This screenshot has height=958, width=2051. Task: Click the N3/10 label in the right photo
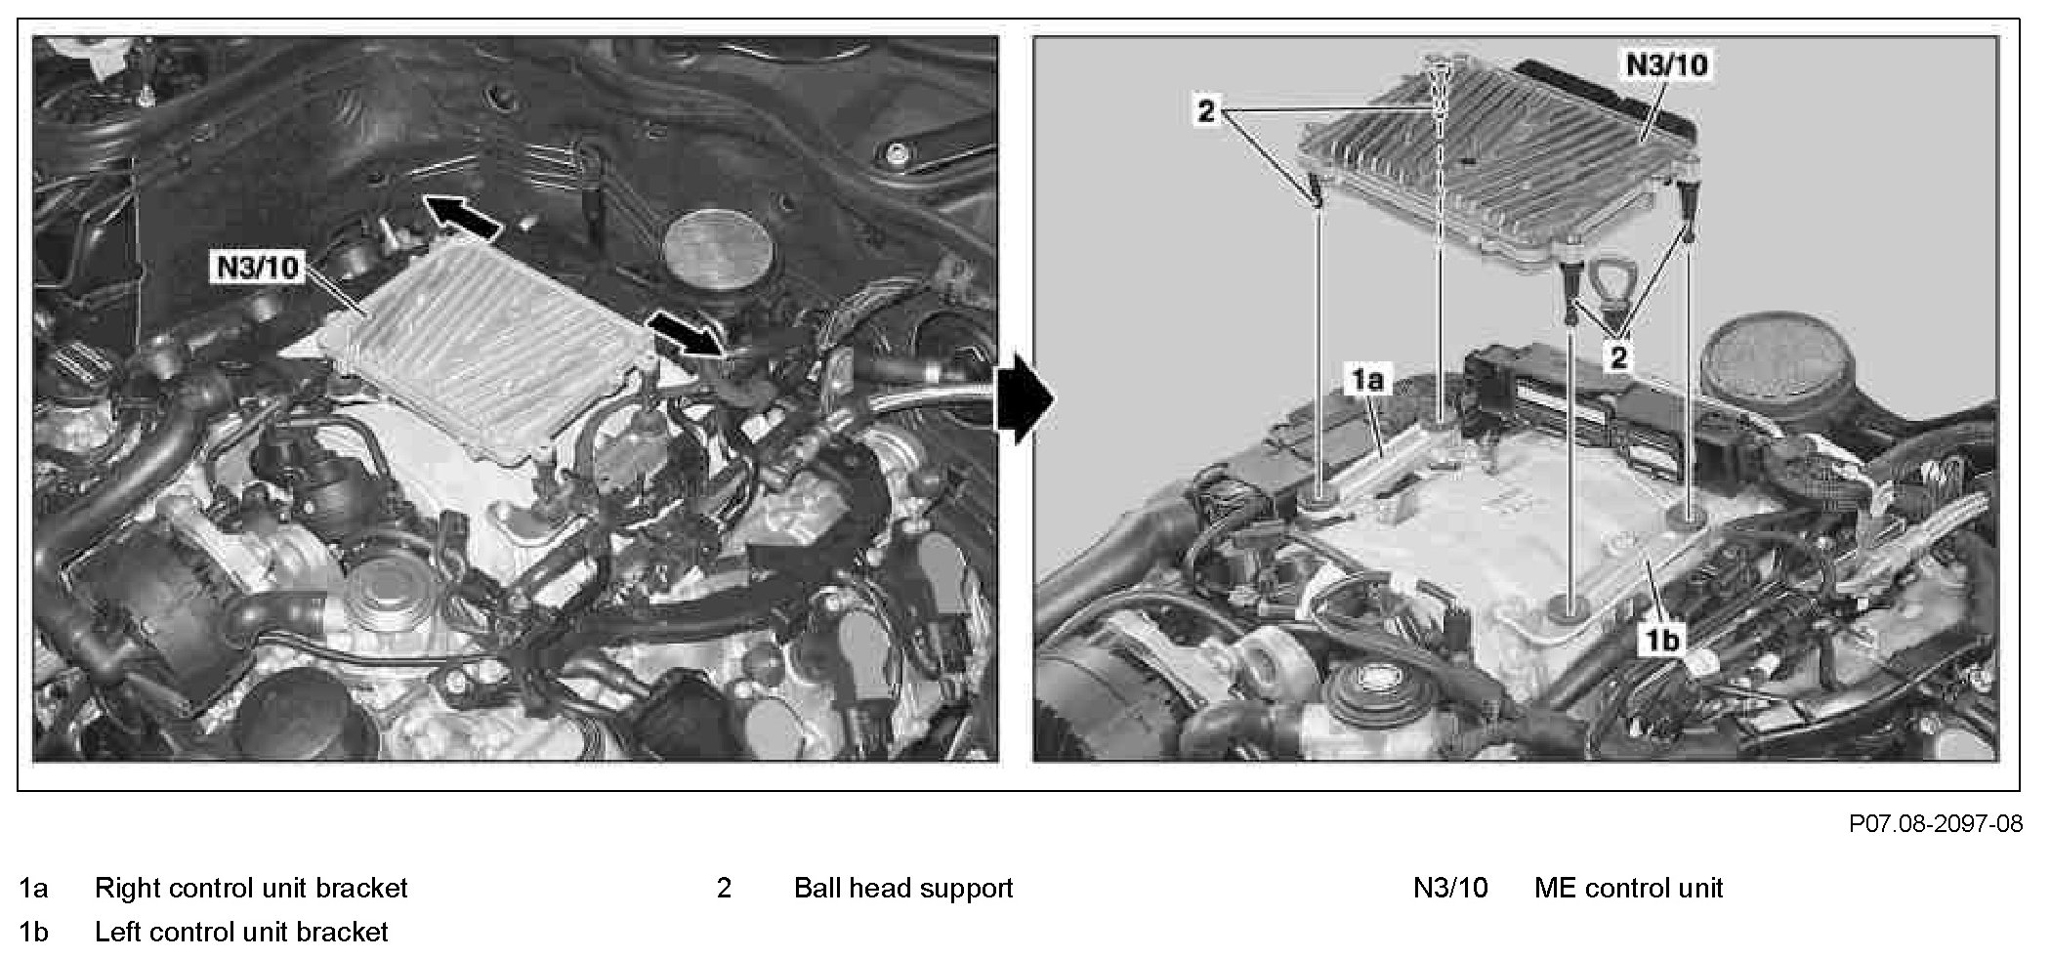1666,64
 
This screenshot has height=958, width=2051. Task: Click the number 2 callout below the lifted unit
1619,357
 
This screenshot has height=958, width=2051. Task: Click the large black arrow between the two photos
1025,400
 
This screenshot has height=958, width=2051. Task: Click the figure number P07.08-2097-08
1935,824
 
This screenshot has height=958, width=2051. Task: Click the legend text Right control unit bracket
251,889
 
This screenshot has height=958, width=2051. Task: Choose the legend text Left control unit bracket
241,933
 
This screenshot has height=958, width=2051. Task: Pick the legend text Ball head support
903,889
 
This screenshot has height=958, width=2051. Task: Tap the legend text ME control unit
1628,889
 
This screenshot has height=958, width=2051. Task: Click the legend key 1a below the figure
33,889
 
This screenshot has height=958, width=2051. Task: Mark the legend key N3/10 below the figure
1450,889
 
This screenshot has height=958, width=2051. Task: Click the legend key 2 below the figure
724,889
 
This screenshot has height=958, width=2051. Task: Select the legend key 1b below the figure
33,933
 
